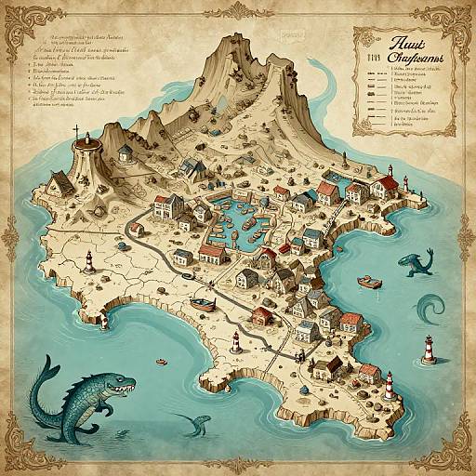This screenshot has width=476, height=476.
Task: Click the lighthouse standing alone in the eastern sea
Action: (x=429, y=349)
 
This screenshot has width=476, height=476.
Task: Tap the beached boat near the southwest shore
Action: (x=200, y=301)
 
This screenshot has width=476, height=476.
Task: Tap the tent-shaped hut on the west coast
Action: (x=58, y=183)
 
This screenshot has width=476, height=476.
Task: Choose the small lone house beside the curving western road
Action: (x=136, y=228)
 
